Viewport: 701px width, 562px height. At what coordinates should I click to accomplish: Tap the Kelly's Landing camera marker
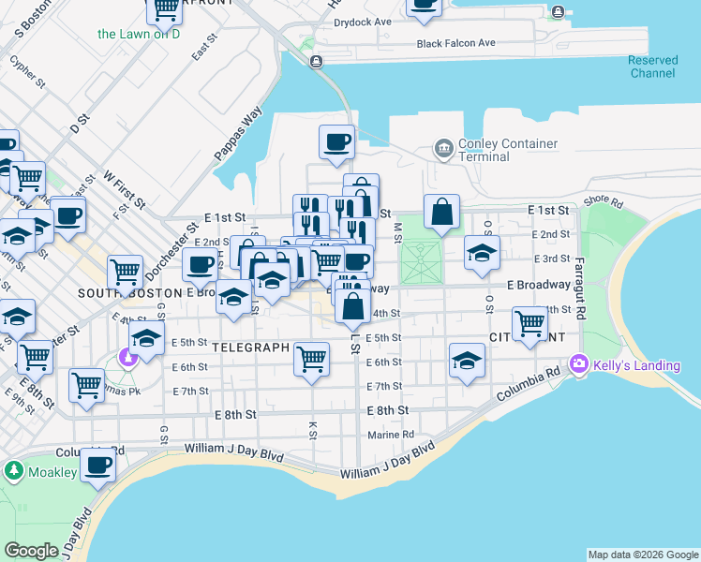point(579,362)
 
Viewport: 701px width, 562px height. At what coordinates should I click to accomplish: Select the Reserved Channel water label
point(652,67)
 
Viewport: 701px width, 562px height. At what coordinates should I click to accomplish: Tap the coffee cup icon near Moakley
point(98,464)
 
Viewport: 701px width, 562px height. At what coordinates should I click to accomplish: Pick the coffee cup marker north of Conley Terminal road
point(337,141)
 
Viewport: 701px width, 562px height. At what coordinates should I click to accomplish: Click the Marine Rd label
point(391,435)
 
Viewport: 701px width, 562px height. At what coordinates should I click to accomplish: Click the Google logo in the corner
point(31,551)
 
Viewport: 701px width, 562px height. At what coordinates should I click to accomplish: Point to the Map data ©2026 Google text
point(642,555)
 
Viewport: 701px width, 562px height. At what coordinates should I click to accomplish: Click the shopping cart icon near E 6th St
point(311,358)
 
